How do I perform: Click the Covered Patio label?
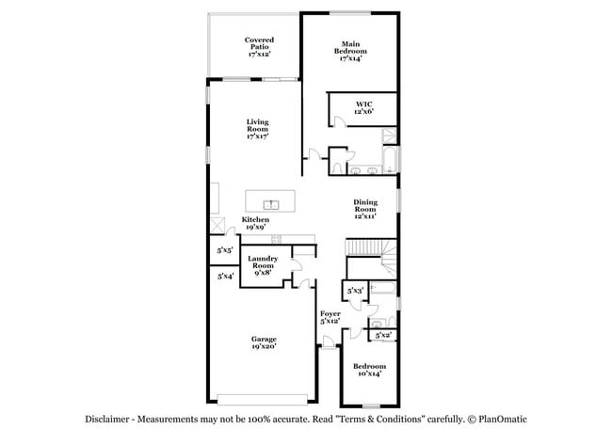(259, 47)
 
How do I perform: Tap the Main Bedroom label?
(350, 51)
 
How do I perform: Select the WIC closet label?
(364, 107)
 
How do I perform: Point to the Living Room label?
(258, 129)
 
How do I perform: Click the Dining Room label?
(365, 209)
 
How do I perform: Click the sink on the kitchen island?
(269, 202)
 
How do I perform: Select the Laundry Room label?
(263, 266)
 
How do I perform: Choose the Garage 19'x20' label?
(263, 342)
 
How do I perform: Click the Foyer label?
(330, 317)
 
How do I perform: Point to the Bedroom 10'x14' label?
(369, 370)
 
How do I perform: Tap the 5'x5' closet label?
(225, 251)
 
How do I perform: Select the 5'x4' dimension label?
(225, 277)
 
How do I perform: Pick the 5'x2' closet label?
(383, 335)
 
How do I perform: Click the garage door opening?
(263, 397)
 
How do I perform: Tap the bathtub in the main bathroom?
(388, 157)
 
